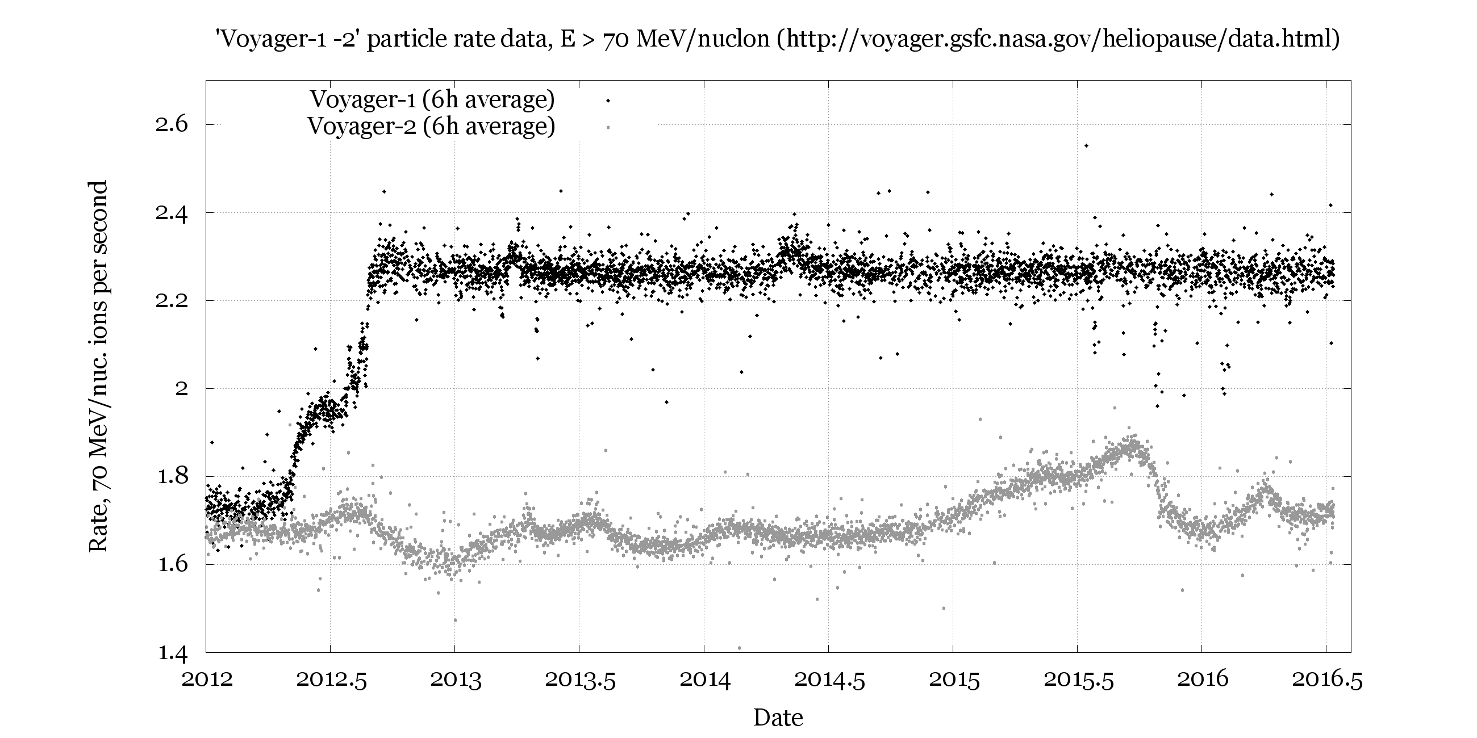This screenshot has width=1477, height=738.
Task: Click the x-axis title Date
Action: pyautogui.click(x=778, y=718)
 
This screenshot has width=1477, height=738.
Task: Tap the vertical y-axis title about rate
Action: pyautogui.click(x=98, y=367)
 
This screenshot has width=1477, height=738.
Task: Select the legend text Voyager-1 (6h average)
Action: pyautogui.click(x=432, y=99)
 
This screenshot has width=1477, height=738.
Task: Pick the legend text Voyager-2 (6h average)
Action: pyautogui.click(x=431, y=125)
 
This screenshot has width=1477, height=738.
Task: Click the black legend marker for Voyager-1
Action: pyautogui.click(x=608, y=101)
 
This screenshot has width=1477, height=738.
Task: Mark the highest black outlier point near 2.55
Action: pyautogui.click(x=1086, y=145)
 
